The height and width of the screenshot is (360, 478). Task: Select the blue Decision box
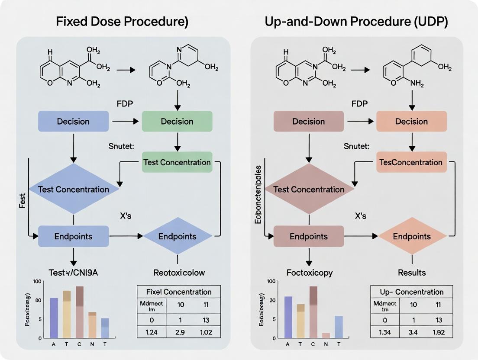[x=73, y=122]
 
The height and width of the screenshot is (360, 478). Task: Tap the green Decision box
[x=177, y=121]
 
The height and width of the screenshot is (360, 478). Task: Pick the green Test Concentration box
[x=177, y=162]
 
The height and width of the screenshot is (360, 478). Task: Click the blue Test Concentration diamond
[x=73, y=189]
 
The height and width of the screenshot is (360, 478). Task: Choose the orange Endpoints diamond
[x=412, y=236]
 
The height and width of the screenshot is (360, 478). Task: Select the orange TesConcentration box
[x=411, y=162]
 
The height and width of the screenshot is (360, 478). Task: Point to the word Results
[x=412, y=273]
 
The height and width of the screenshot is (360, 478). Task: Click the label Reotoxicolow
[x=179, y=273]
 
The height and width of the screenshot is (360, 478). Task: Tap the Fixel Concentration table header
[x=179, y=292]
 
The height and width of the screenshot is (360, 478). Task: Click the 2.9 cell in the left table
[x=180, y=332]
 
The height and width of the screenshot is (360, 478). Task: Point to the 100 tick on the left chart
[x=36, y=282]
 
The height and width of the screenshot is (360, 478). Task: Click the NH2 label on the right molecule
[x=417, y=84]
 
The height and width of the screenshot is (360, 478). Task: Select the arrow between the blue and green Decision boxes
[x=125, y=122]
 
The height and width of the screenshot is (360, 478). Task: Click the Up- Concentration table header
[x=412, y=292]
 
